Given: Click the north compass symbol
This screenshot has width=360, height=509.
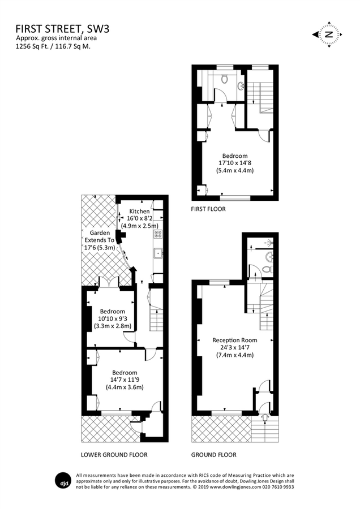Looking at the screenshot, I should [327, 34].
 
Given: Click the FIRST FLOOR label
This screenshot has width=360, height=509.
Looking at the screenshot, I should [208, 209].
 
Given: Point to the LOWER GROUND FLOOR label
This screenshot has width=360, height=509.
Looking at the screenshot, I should [114, 455].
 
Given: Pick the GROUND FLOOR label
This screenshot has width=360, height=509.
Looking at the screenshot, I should [215, 455].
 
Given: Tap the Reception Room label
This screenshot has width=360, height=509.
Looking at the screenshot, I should [235, 340].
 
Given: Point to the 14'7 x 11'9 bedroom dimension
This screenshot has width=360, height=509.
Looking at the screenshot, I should [124, 380].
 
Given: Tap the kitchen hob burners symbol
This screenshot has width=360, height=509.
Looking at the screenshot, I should [158, 234].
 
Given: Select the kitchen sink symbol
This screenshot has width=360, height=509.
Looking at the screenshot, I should [158, 253].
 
